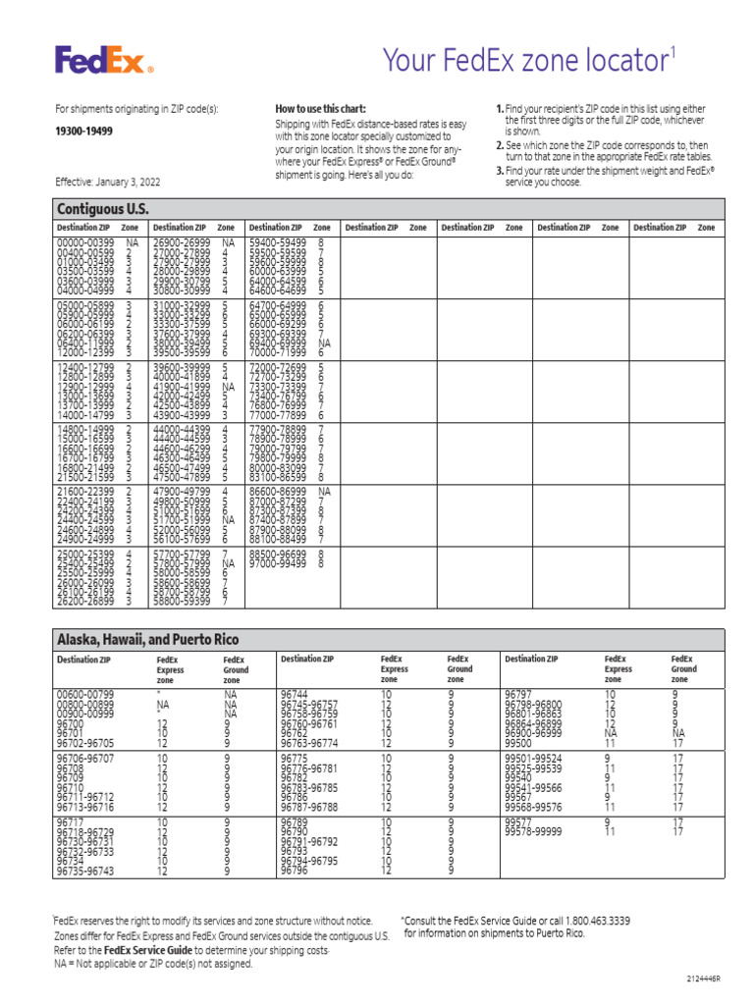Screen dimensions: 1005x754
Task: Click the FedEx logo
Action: click(104, 61)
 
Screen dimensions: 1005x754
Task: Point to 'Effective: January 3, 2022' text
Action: click(107, 183)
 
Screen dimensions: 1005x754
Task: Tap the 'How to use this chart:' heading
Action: click(320, 108)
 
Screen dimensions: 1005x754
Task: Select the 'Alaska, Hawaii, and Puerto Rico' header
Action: click(147, 639)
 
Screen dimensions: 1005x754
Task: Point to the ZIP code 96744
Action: click(294, 693)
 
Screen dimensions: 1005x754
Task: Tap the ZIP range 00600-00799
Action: click(84, 693)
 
